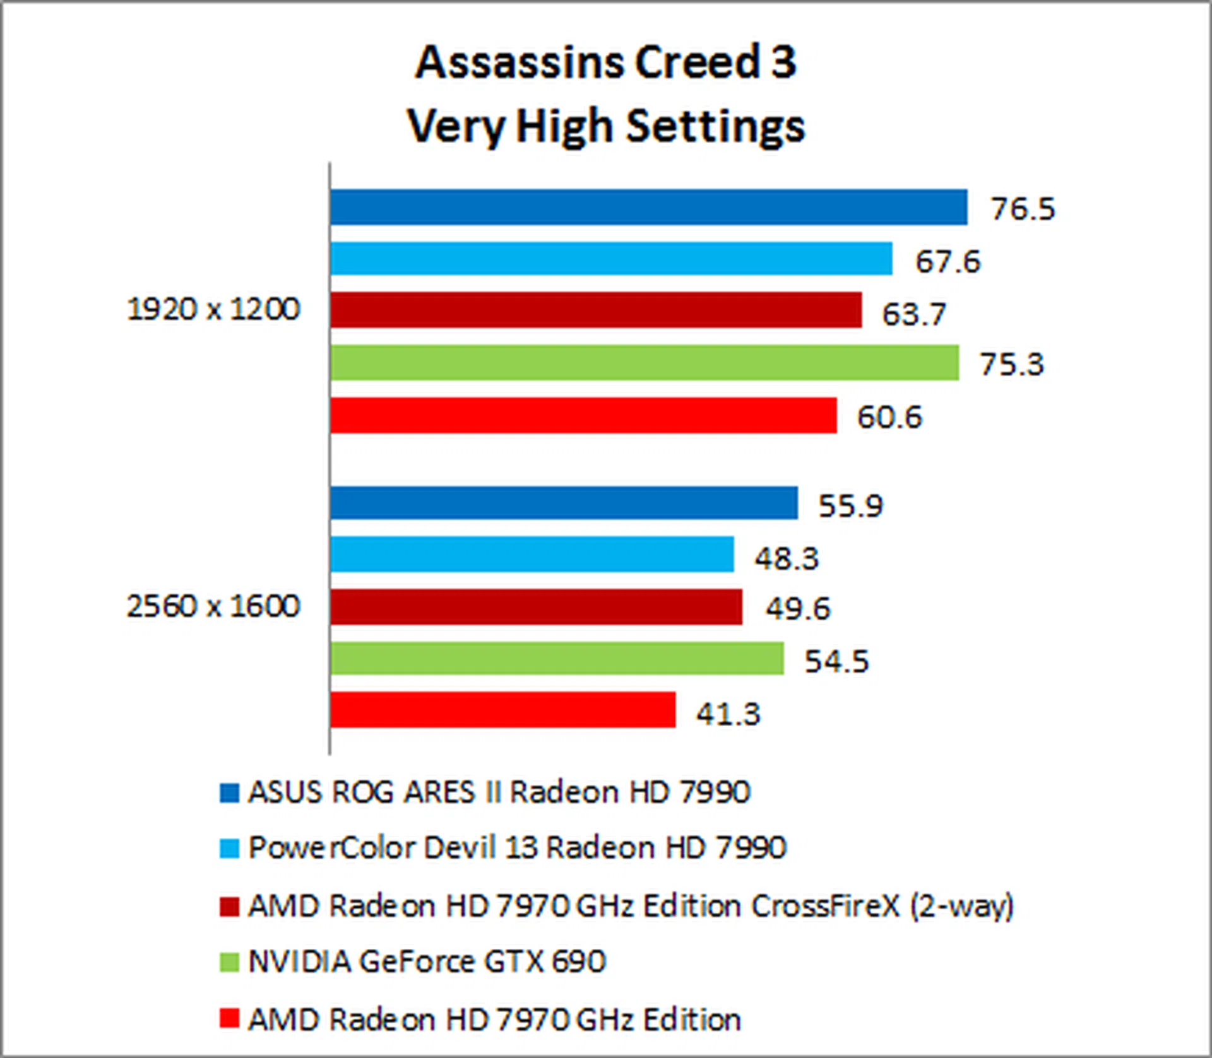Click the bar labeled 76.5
point(648,207)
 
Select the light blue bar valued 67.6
point(611,259)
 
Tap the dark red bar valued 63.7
point(596,310)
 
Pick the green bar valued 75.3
point(645,363)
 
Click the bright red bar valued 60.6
point(583,415)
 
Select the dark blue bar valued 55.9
point(564,503)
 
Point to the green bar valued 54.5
point(557,659)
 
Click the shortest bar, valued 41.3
point(502,710)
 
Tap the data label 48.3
point(787,558)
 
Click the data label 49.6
point(798,609)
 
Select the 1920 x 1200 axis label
point(213,310)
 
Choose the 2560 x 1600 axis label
point(213,606)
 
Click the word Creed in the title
point(697,62)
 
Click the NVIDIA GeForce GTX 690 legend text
point(427,961)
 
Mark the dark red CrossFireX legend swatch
point(229,907)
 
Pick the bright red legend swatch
point(229,1018)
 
